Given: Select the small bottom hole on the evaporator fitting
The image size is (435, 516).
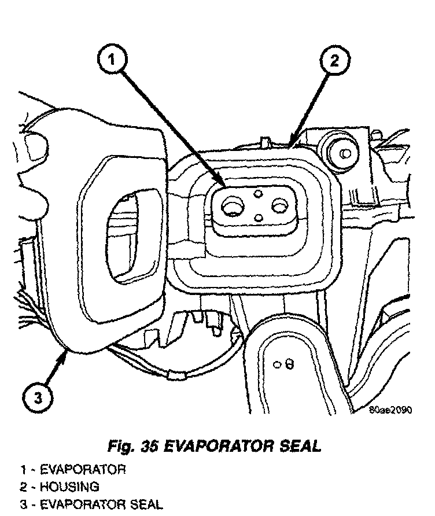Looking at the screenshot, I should click(259, 218).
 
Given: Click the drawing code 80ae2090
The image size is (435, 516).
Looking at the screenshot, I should click(390, 411).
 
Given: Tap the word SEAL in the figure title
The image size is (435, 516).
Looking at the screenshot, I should click(300, 446).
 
